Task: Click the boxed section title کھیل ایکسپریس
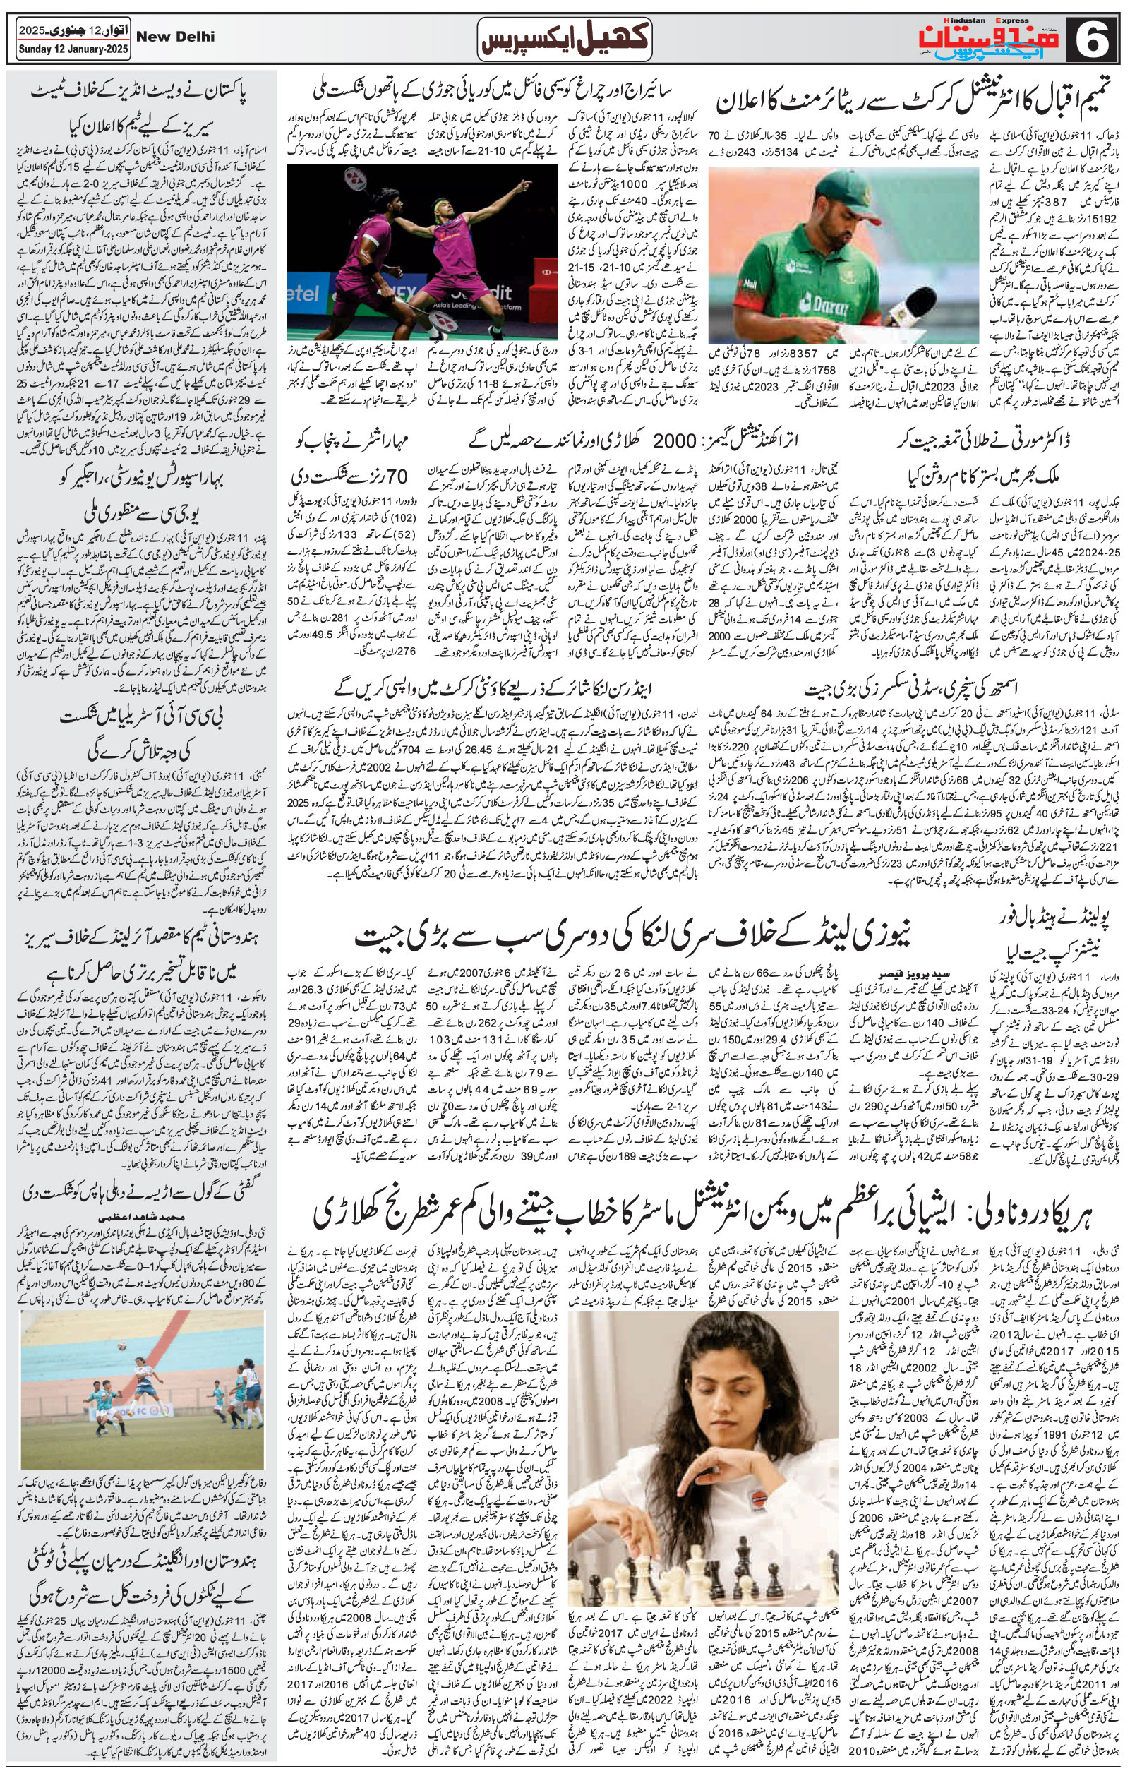pyautogui.click(x=564, y=37)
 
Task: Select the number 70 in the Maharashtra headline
pyautogui.click(x=393, y=476)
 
